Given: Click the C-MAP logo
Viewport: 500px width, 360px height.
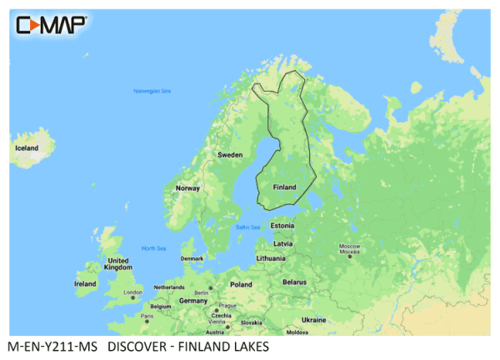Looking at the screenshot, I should (51, 24).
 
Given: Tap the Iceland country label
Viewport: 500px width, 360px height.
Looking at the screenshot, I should (27, 147).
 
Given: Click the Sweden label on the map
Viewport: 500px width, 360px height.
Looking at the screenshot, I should (230, 155).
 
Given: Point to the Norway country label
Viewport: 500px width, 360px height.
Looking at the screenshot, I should (187, 188).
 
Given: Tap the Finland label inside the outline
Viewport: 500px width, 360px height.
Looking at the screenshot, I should (284, 187).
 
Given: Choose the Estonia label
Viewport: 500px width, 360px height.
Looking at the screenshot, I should (283, 226).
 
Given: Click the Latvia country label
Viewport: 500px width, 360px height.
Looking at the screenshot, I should (282, 243).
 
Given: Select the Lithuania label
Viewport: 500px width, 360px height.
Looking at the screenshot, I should (271, 258).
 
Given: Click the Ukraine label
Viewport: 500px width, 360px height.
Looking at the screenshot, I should (313, 319).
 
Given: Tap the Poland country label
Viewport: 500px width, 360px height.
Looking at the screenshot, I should (241, 284).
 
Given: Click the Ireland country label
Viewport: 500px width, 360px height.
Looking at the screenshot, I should (86, 283).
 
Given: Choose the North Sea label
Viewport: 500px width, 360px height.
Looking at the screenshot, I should (153, 248).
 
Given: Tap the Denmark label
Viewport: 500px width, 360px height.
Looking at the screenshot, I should (192, 258).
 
